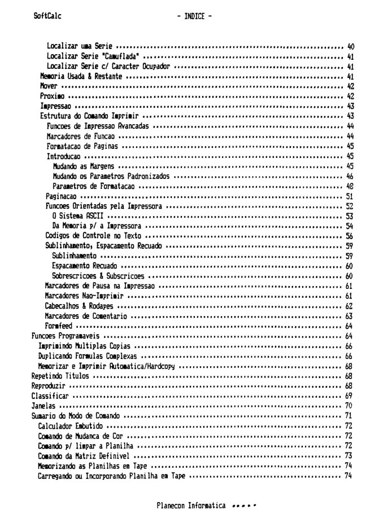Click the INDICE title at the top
(194, 17)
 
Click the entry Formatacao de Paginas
(82, 146)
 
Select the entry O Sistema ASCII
(77, 216)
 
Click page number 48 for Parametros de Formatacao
(349, 186)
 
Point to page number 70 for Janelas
(349, 406)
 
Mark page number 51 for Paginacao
(349, 196)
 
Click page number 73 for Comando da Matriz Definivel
(349, 456)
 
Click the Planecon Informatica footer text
(191, 506)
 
